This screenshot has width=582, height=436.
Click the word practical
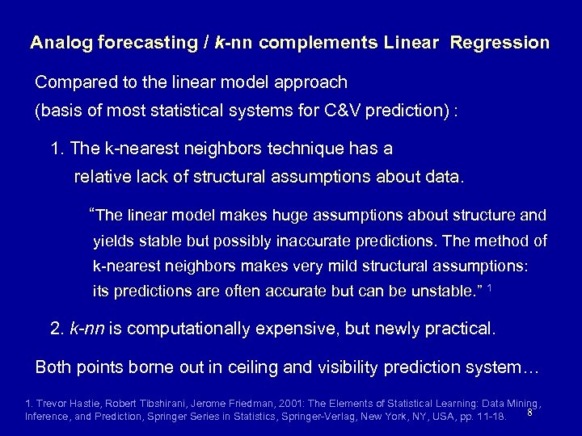coord(461,329)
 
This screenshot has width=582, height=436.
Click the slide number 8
coord(529,413)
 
